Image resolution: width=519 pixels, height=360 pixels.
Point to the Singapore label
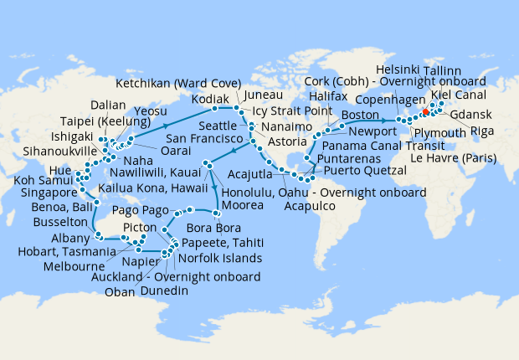[33, 192]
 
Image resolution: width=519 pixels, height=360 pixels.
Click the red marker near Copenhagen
[425, 111]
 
